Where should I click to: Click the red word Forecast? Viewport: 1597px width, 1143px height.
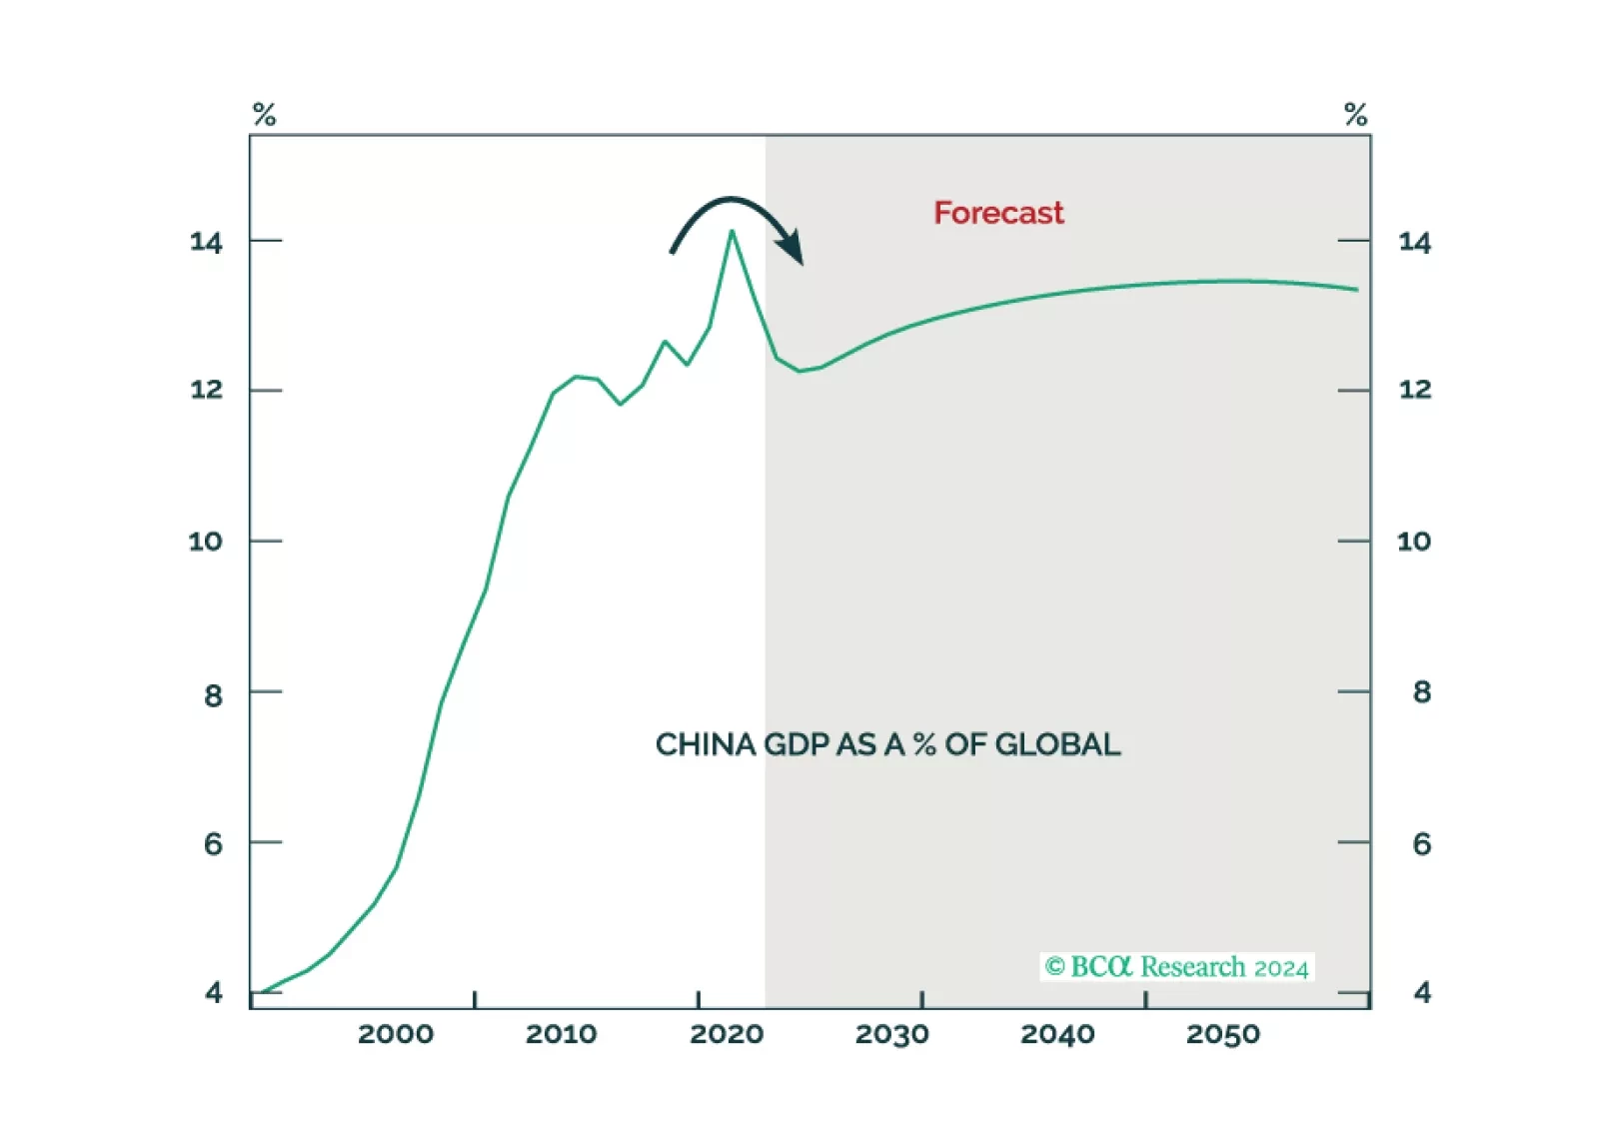(998, 213)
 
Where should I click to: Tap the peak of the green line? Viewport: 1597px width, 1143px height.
(732, 232)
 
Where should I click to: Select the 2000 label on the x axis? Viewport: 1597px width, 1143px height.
(396, 1034)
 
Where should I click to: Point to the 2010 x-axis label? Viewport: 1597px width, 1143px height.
(561, 1034)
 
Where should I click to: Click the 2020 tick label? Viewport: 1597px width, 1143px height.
(727, 1034)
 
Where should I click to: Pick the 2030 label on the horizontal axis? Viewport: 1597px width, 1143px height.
(891, 1034)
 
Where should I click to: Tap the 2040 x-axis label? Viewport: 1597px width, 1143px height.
(1057, 1034)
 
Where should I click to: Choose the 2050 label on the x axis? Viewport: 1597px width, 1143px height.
(1223, 1034)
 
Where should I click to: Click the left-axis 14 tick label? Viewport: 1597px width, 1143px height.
(206, 242)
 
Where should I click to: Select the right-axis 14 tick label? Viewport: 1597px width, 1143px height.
(1414, 242)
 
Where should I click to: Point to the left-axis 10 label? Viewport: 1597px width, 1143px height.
(206, 542)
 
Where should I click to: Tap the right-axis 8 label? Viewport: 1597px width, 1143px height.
(1421, 691)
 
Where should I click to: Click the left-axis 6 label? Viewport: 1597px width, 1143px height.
(213, 844)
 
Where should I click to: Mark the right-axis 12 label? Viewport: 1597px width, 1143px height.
(1414, 390)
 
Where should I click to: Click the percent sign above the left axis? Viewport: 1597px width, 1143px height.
(264, 115)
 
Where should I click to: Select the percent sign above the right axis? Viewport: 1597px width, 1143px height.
(1355, 115)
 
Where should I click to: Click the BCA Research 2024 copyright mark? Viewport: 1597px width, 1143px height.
(1176, 967)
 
